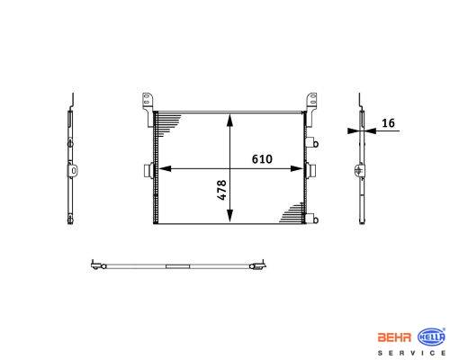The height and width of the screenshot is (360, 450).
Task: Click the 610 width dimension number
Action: (x=262, y=159)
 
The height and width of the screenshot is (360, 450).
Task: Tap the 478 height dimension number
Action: (x=221, y=190)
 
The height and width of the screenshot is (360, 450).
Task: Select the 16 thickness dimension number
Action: (x=388, y=123)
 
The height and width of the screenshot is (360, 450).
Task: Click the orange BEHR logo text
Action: (x=394, y=337)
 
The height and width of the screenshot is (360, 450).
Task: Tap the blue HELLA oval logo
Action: (x=432, y=337)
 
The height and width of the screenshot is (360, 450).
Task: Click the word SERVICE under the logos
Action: (x=411, y=353)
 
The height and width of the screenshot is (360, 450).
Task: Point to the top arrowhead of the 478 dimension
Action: (x=229, y=120)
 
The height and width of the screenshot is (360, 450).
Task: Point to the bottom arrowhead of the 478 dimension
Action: (x=229, y=216)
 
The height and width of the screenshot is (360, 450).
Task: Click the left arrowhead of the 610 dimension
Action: (x=165, y=169)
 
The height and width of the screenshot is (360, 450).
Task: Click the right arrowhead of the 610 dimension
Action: (x=297, y=169)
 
